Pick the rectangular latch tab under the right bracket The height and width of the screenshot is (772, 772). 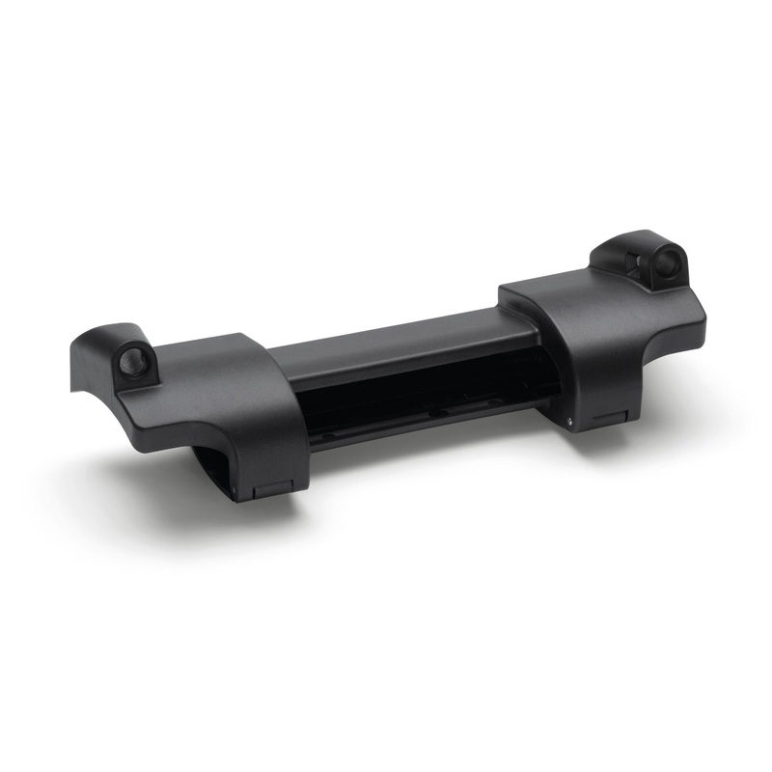pos(611,418)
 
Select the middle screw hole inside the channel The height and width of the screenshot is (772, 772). pos(437,409)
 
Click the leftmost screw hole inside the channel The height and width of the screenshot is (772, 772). pos(329,433)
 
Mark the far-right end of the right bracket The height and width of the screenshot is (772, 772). pos(703,318)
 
